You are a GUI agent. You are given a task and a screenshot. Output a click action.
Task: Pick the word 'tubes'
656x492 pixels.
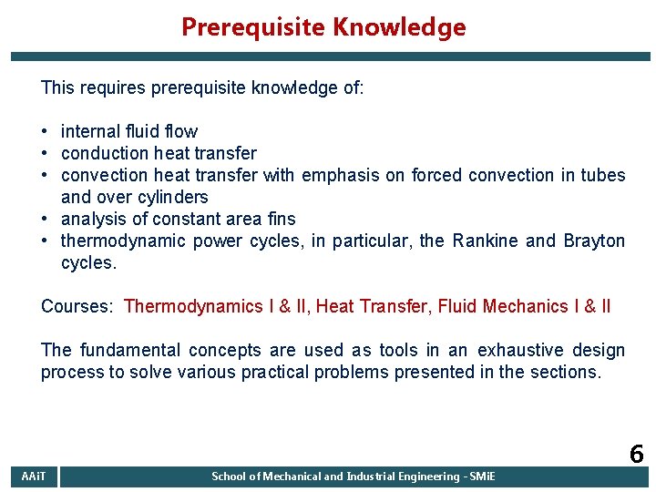tap(602, 175)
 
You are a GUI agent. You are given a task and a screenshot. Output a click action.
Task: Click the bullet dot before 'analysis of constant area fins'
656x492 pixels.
tap(46, 219)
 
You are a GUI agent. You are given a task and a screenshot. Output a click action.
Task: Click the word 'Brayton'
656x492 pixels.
tap(594, 241)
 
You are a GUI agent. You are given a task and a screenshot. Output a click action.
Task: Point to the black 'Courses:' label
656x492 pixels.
tap(77, 306)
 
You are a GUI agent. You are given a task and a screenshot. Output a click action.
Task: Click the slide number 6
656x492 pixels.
tap(635, 455)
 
